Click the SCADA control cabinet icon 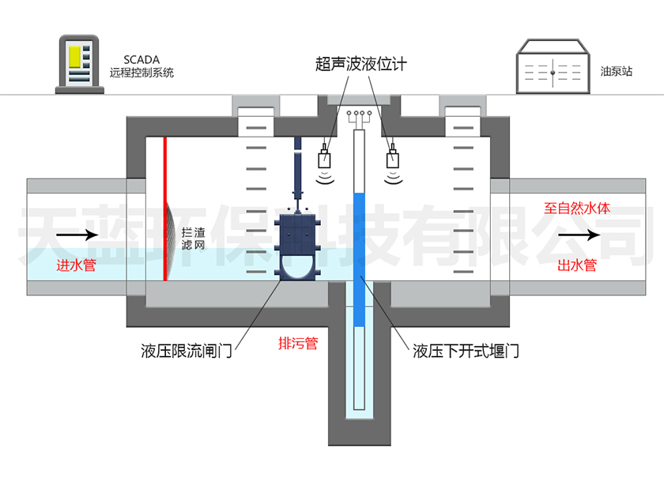click(x=80, y=64)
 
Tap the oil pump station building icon click(x=553, y=66)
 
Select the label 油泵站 click(x=616, y=71)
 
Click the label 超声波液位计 click(x=360, y=64)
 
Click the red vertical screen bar click(x=165, y=208)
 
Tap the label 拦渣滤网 click(x=193, y=238)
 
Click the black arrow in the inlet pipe click(x=77, y=235)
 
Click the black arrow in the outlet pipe click(x=579, y=235)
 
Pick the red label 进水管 click(x=76, y=265)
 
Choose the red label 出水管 click(x=577, y=265)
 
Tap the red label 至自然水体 click(x=577, y=208)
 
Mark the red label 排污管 click(x=298, y=343)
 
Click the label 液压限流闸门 click(x=187, y=351)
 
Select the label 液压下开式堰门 click(x=466, y=351)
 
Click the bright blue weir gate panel click(x=359, y=260)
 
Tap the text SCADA click(x=141, y=60)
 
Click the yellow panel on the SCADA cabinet click(x=75, y=57)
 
